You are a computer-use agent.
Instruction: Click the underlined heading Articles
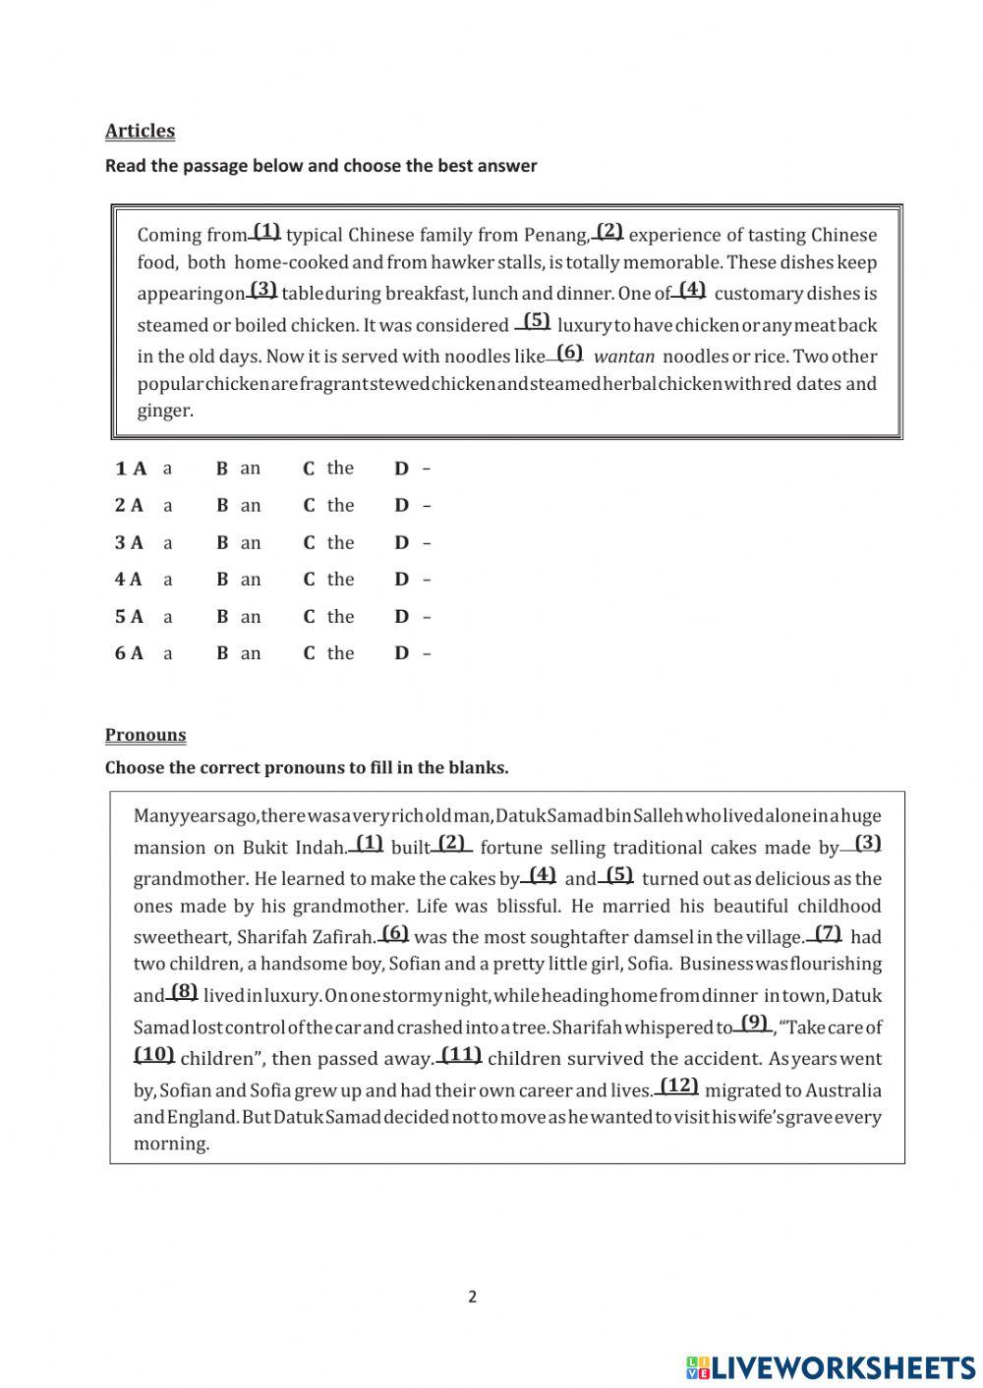140,131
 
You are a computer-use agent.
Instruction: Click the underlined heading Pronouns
145,735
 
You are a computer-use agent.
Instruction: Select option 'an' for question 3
250,542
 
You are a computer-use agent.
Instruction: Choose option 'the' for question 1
339,468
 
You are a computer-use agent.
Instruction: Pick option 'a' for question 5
167,617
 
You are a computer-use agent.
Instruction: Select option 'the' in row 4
339,580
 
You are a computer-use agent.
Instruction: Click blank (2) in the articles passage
608,232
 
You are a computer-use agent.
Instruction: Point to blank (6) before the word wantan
568,353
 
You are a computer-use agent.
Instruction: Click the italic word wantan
624,357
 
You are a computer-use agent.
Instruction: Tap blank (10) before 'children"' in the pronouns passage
154,1055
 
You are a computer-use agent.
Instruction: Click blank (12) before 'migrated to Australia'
678,1086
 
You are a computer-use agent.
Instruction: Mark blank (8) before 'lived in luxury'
183,992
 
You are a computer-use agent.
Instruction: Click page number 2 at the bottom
472,1297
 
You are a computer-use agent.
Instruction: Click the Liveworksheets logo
831,1366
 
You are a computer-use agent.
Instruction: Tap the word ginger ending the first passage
165,411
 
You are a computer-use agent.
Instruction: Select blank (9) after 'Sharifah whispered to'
754,1024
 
